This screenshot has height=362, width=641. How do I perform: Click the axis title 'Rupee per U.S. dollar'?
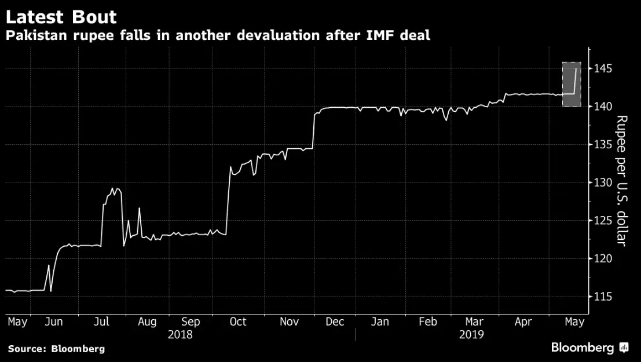pyautogui.click(x=621, y=181)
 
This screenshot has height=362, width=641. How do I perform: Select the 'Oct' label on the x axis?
pyautogui.click(x=237, y=321)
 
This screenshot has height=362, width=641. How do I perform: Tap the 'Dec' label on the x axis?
pyautogui.click(x=335, y=321)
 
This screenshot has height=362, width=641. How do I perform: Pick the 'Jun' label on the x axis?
pyautogui.click(x=54, y=321)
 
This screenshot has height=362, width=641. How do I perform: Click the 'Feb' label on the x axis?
pyautogui.click(x=427, y=321)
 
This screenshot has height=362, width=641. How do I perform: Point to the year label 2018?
pyautogui.click(x=180, y=334)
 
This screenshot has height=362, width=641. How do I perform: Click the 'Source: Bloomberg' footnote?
pyautogui.click(x=56, y=349)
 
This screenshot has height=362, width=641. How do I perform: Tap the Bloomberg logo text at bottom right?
pyautogui.click(x=582, y=348)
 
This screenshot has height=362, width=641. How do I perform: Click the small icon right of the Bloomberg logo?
pyautogui.click(x=624, y=348)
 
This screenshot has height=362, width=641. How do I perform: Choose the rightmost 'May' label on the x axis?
pyautogui.click(x=573, y=321)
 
